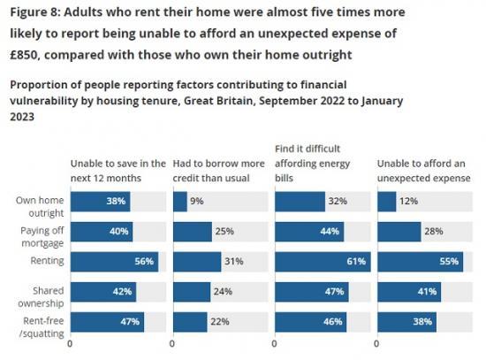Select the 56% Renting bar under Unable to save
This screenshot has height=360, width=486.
[x=114, y=262]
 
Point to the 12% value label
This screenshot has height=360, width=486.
[x=408, y=202]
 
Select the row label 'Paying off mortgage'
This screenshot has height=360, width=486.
[x=39, y=232]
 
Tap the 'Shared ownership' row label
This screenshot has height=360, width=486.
[x=40, y=292]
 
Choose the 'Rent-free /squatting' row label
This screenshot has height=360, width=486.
[x=39, y=322]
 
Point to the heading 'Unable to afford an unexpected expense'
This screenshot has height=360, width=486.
[x=421, y=170]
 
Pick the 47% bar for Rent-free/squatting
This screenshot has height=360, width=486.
[x=107, y=322]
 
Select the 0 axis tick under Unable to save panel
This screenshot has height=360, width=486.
[x=71, y=343]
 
